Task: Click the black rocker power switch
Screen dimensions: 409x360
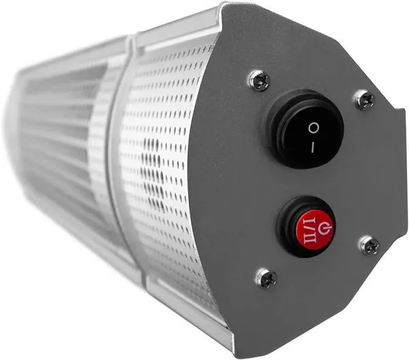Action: tap(307, 130)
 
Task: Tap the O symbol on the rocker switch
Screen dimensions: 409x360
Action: tap(314, 128)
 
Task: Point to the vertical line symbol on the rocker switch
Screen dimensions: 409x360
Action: tap(312, 148)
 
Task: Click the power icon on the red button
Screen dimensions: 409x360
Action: tap(324, 228)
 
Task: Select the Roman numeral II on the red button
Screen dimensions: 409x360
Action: tap(309, 238)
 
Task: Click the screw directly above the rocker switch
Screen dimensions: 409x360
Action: tap(260, 80)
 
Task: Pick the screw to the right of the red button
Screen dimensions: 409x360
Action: tap(370, 245)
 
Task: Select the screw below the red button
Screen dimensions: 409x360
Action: tap(267, 279)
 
